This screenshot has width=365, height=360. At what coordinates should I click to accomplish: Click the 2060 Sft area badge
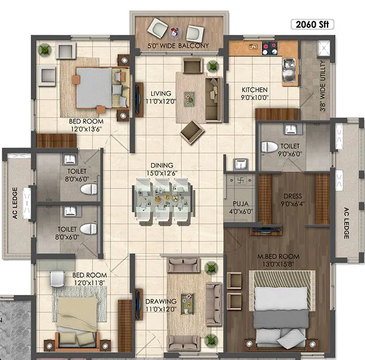[x=312, y=23]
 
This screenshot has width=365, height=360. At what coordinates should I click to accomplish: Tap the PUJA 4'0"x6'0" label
[x=240, y=208]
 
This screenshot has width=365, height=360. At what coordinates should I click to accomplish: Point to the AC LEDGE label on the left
[x=15, y=203]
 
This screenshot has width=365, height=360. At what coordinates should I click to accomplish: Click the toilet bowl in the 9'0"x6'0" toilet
[x=270, y=146]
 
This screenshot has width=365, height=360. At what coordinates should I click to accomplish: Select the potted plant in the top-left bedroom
[x=45, y=49]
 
